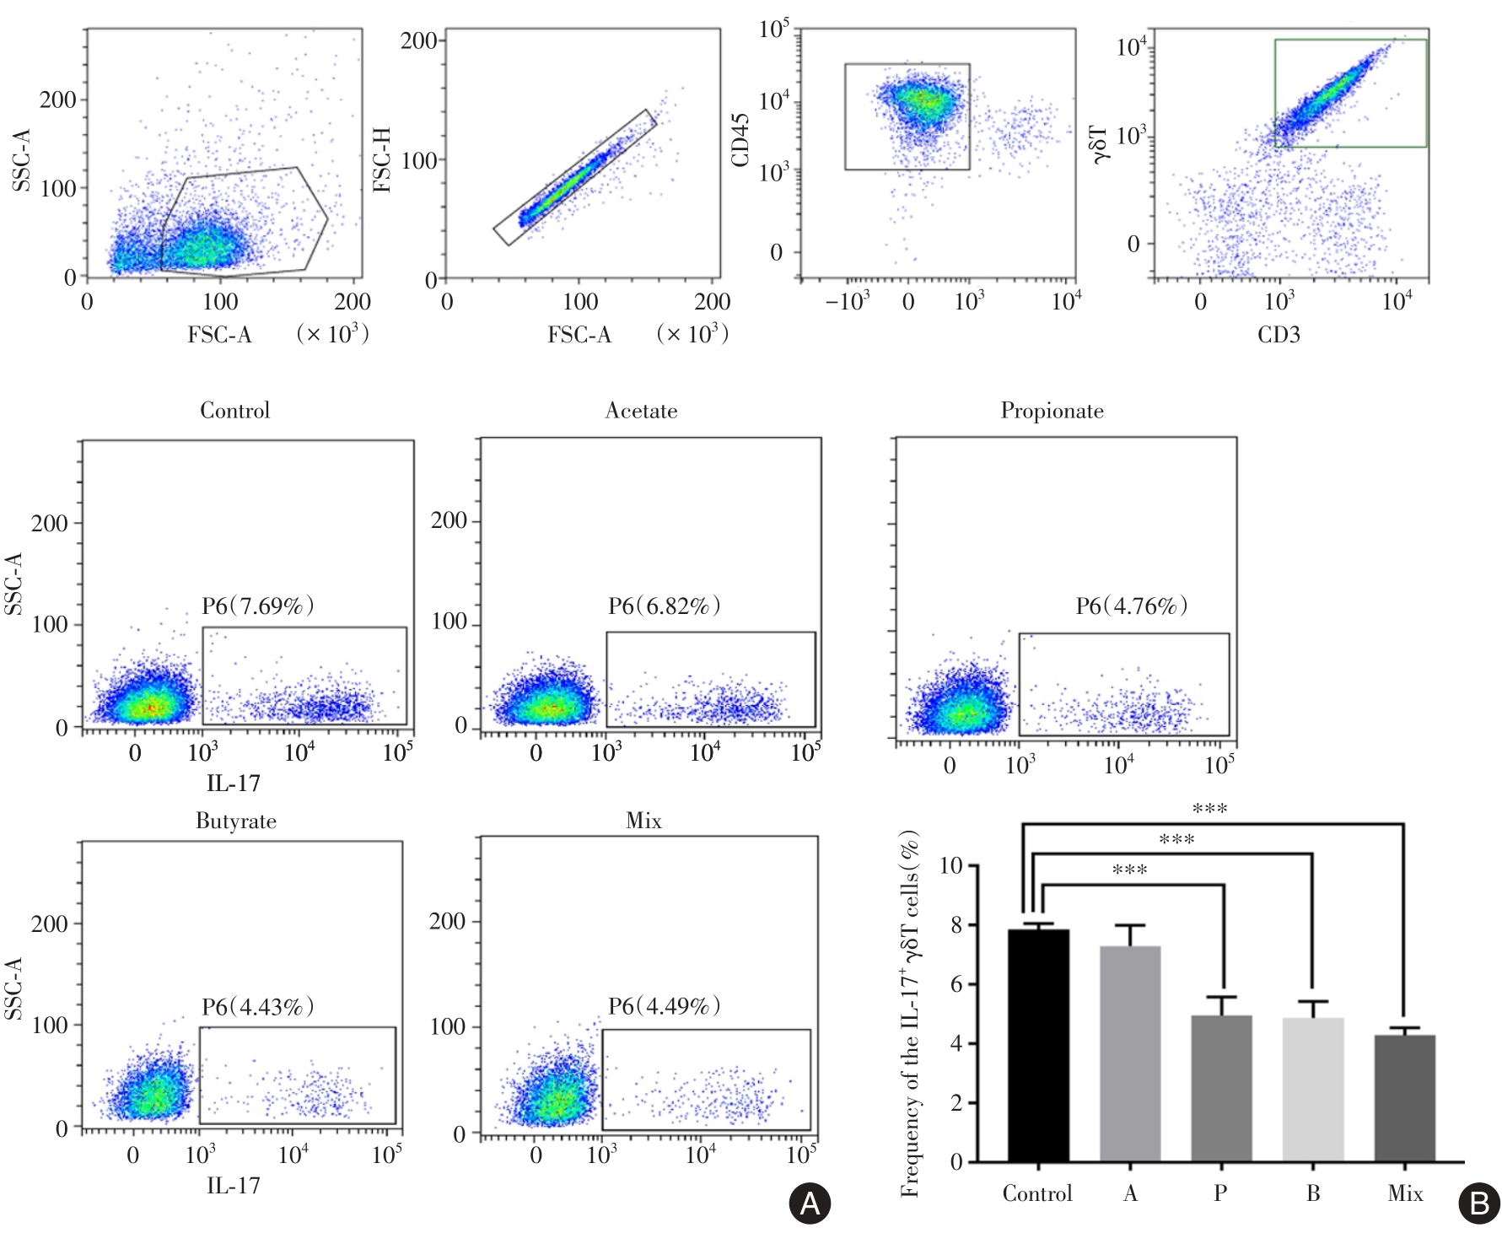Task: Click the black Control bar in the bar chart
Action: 1038,1046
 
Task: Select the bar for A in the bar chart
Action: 1130,1054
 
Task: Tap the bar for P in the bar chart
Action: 1221,1088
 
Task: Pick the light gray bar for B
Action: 1312,1090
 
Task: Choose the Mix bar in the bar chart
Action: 1404,1098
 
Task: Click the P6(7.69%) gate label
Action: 257,606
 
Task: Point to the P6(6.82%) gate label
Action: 664,606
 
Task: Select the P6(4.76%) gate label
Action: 1131,606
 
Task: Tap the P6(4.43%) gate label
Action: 257,1006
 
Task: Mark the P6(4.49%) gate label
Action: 664,1005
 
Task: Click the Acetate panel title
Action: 641,411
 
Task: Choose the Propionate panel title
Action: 1052,411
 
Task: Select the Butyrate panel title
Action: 236,821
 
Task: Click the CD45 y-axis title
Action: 740,140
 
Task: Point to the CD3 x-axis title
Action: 1279,335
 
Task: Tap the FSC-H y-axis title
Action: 382,160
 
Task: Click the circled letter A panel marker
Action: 810,1203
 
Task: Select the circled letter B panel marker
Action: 1479,1203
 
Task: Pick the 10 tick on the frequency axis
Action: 950,866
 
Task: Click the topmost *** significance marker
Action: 1209,809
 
